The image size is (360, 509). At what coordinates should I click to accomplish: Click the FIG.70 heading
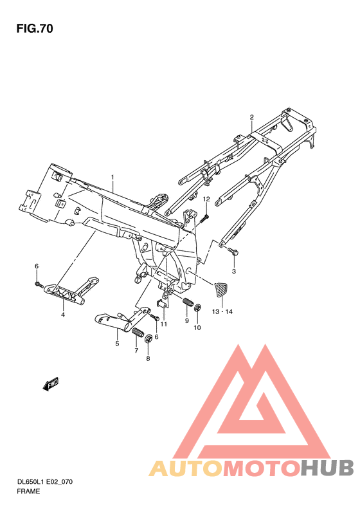(x=35, y=29)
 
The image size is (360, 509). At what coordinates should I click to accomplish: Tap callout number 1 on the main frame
(x=112, y=177)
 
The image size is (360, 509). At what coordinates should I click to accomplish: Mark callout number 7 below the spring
(x=136, y=351)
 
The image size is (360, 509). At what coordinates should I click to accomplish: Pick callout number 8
(x=148, y=358)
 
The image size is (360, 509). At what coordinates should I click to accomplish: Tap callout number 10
(x=197, y=328)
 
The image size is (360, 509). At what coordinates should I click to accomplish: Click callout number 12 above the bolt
(x=207, y=200)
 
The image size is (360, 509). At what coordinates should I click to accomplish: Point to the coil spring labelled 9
(x=189, y=303)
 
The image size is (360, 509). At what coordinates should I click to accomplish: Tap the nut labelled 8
(x=149, y=338)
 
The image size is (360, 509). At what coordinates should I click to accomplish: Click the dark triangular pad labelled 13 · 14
(x=221, y=290)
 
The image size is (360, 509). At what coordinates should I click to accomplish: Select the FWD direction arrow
(x=51, y=384)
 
